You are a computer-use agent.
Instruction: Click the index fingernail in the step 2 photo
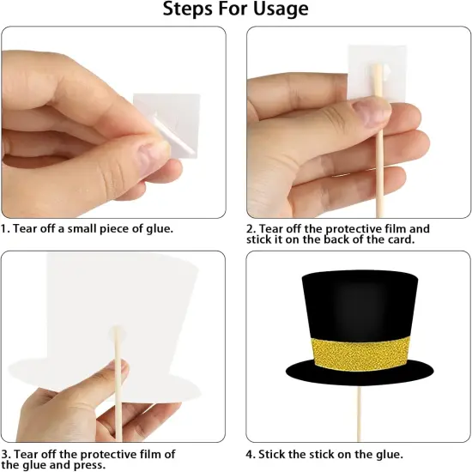click(x=371, y=111)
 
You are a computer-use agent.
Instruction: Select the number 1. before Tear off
click(x=5, y=228)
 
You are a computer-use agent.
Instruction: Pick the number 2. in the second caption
click(x=251, y=229)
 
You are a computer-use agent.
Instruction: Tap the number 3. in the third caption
click(x=5, y=454)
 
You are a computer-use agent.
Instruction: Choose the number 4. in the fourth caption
click(x=251, y=454)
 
